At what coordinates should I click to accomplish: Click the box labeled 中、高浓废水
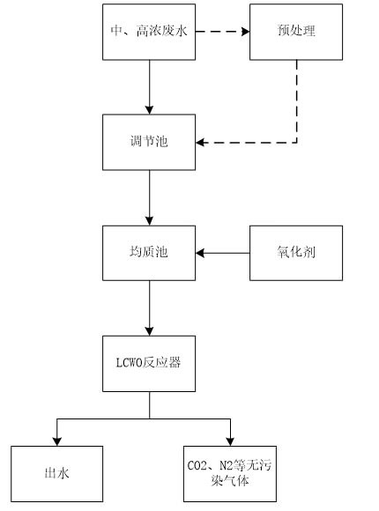point(149,33)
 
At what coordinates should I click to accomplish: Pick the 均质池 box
point(149,254)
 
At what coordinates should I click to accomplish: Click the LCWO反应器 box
point(149,362)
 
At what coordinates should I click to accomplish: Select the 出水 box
point(57,474)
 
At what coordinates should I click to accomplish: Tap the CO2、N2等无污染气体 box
point(232,474)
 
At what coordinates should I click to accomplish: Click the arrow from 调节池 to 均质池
point(149,197)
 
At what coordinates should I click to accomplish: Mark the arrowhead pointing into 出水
point(57,441)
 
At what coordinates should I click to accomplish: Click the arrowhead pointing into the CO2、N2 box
point(232,441)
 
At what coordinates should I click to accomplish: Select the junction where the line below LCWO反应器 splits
point(149,418)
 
